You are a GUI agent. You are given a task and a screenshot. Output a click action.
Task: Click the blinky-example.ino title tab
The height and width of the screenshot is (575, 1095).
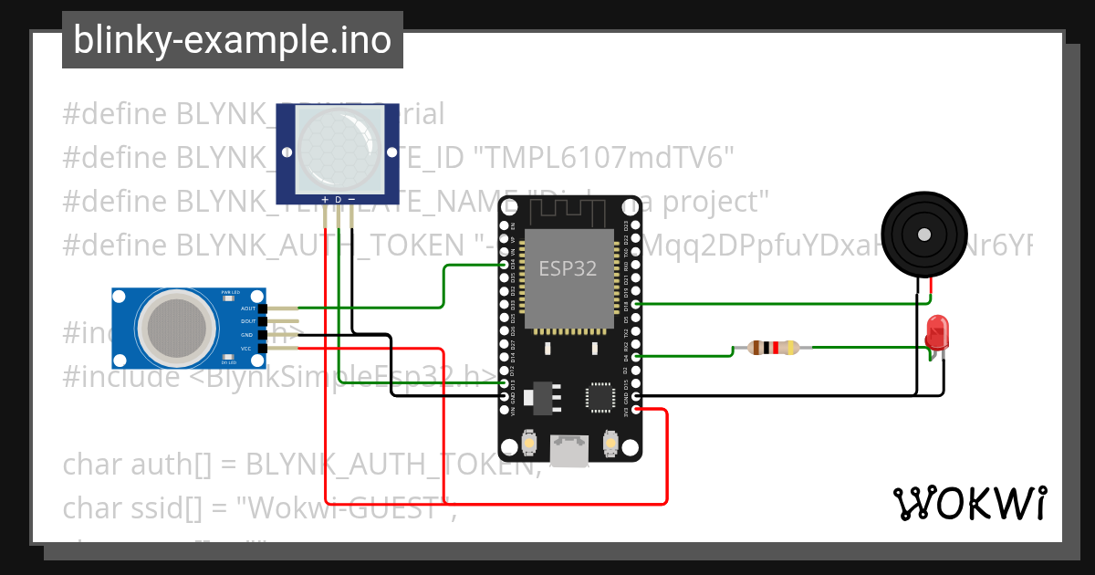coord(232,40)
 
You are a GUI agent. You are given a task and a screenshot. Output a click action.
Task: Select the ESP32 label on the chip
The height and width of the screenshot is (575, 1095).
coord(568,268)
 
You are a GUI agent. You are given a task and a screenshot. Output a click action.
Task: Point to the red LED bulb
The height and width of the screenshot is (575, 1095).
coord(937,332)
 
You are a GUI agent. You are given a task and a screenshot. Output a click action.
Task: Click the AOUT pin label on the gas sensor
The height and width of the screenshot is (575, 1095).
coord(248,308)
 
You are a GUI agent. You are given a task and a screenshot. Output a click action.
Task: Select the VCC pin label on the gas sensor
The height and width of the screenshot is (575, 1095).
coord(246,349)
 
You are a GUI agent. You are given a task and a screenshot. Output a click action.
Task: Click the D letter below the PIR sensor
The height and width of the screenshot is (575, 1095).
coord(338,199)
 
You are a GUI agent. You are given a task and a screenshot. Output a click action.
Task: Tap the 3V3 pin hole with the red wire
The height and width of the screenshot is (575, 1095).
coord(636,410)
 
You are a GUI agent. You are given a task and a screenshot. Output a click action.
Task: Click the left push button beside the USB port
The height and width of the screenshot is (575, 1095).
coord(528,444)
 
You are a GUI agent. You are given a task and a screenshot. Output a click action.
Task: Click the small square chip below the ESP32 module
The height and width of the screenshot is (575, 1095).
coord(601,396)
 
